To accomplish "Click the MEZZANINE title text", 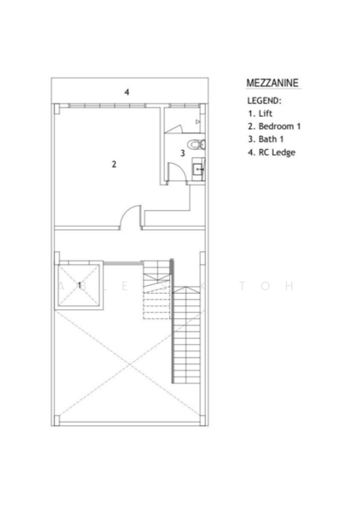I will pyautogui.click(x=273, y=83).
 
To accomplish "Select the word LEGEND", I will pyautogui.click(x=264, y=100).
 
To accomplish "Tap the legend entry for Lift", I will pyautogui.click(x=262, y=112).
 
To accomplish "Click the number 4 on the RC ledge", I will pyautogui.click(x=126, y=92).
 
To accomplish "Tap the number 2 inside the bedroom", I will pyautogui.click(x=114, y=164).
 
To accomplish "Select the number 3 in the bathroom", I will pyautogui.click(x=182, y=153).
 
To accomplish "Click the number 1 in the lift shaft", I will pyautogui.click(x=79, y=284).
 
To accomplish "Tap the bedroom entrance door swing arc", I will pyautogui.click(x=130, y=214).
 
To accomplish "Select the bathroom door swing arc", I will pyautogui.click(x=174, y=173).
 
